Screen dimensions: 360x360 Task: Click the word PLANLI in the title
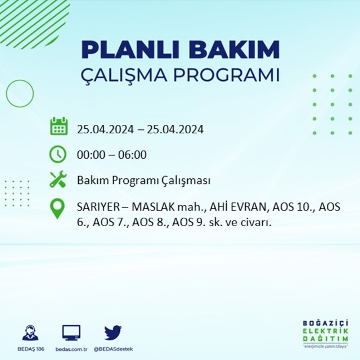(x=130, y=49)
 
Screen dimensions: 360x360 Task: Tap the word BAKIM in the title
(x=234, y=49)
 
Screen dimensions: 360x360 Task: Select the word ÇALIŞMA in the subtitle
(x=124, y=75)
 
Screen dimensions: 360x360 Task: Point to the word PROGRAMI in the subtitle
(x=226, y=75)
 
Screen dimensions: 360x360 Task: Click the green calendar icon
(x=58, y=126)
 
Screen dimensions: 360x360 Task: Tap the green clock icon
(x=57, y=154)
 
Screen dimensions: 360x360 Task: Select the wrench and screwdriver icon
(x=58, y=179)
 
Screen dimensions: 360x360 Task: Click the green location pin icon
(x=57, y=209)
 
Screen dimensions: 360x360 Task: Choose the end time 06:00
(x=132, y=155)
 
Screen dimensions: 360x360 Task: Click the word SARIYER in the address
(x=98, y=208)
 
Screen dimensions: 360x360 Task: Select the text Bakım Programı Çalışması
(x=143, y=181)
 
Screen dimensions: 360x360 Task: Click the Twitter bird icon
(x=113, y=332)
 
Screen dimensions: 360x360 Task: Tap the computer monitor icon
(x=71, y=332)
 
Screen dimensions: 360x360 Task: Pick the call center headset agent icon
(x=30, y=332)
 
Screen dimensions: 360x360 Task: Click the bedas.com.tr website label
(x=71, y=349)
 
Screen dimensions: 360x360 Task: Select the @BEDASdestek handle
(x=113, y=349)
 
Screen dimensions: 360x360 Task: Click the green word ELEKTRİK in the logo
(x=325, y=331)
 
